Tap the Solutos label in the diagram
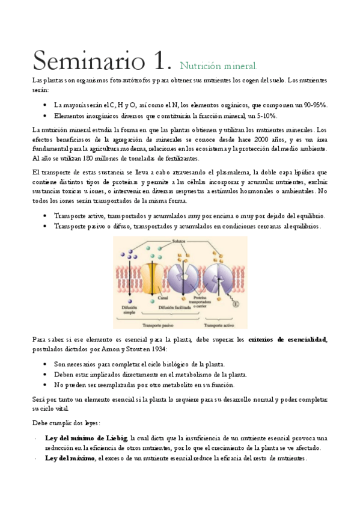(x=179, y=241)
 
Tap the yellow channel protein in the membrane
(x=153, y=274)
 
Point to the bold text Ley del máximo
(x=70, y=458)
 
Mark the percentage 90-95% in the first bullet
(x=315, y=104)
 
